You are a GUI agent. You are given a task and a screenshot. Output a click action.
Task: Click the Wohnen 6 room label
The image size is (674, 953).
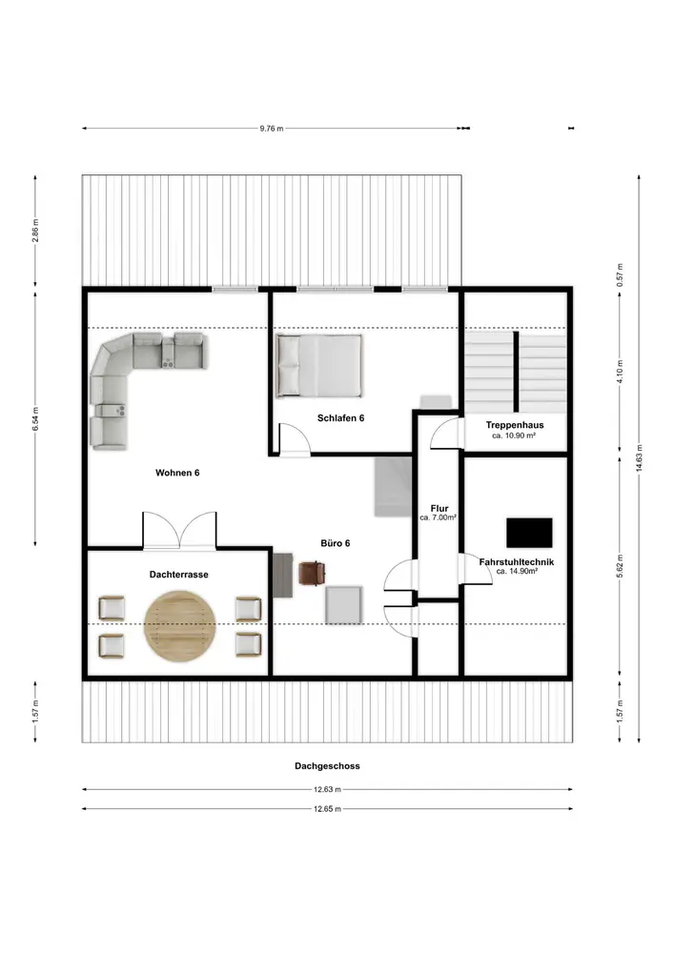[177, 473]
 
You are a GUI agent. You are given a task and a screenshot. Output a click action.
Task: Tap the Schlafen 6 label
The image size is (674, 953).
[341, 417]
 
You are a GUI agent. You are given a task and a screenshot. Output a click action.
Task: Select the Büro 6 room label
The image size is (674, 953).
[336, 543]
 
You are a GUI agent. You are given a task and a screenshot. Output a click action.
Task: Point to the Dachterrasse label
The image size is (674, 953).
[178, 575]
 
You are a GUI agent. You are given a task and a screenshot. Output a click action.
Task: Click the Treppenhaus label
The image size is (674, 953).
[515, 425]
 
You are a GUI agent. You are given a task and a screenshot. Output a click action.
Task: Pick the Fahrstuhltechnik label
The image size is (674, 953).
[517, 562]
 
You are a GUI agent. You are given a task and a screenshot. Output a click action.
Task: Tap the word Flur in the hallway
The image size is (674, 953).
[439, 508]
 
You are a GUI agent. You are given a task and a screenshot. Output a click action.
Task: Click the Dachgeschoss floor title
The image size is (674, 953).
[328, 766]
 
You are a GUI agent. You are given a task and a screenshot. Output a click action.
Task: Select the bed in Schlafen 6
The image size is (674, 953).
[319, 365]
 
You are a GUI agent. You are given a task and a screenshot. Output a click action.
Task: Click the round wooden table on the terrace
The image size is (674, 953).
[180, 626]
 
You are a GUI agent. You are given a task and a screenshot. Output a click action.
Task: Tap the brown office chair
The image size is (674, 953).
[312, 573]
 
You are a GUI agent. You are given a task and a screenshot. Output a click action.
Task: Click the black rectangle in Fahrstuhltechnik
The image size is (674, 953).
[529, 533]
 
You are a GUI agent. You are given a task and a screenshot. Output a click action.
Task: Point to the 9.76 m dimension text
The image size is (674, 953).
[272, 129]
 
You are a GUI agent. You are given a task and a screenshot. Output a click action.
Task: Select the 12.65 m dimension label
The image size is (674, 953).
[328, 809]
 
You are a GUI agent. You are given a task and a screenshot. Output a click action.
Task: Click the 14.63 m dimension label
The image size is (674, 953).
[639, 458]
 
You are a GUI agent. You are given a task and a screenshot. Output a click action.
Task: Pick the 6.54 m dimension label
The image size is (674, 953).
[35, 419]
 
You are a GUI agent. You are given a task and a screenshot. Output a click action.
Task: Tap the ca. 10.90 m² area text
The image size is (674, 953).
[514, 436]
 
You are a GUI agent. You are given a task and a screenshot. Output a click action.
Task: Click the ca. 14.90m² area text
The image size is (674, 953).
[517, 571]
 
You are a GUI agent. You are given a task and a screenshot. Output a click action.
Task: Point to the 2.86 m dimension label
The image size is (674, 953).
[35, 231]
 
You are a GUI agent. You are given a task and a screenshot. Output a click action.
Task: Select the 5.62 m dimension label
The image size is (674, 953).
[620, 566]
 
